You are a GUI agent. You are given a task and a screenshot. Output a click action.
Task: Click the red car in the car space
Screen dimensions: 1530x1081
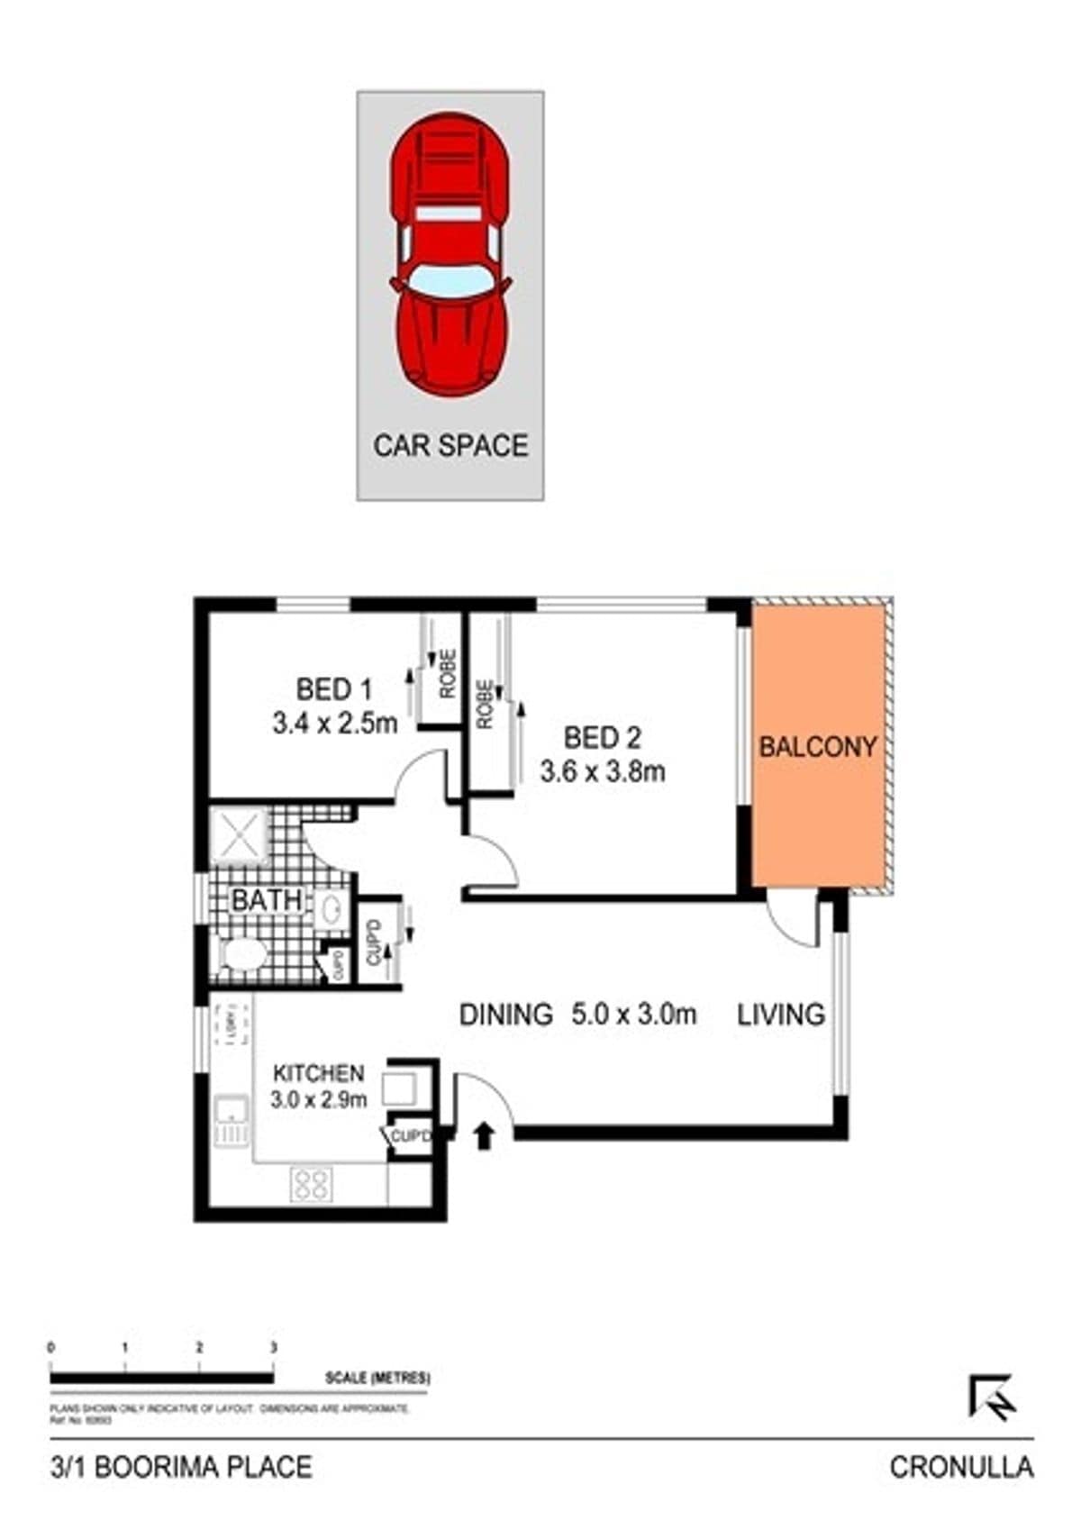[450, 254]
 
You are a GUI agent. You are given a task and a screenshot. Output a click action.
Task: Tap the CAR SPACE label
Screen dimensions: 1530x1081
[450, 445]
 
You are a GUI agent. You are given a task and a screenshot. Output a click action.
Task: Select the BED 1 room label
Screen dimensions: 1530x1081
[333, 690]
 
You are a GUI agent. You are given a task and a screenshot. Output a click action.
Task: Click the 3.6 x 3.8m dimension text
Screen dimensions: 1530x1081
[603, 772]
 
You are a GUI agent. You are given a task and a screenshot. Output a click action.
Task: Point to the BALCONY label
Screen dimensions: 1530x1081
[817, 747]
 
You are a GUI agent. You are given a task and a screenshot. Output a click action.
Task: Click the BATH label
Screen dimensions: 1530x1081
[267, 899]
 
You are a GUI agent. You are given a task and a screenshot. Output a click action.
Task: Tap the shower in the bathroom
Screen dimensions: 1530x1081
[240, 837]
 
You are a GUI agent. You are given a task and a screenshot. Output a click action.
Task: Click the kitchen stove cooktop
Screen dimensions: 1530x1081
[312, 1184]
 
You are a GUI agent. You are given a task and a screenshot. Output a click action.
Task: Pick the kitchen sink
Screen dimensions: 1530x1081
[231, 1121]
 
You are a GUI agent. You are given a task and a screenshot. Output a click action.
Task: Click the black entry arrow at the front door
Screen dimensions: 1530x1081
[485, 1136]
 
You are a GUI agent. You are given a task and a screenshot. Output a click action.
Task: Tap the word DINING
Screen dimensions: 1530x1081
[505, 1015]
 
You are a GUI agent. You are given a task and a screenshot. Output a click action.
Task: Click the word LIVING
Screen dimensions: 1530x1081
[781, 1015]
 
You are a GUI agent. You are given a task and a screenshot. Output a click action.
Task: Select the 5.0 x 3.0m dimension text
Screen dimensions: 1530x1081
[633, 1015]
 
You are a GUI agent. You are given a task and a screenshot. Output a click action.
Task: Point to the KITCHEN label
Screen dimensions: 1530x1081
[318, 1073]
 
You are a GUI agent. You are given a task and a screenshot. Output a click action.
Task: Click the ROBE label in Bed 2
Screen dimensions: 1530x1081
[485, 704]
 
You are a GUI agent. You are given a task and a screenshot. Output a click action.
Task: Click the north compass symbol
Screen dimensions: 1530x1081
[993, 1398]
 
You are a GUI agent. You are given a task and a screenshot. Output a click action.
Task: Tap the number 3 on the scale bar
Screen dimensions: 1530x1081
[274, 1348]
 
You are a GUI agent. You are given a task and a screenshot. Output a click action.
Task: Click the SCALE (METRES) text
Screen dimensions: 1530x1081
[377, 1379]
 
